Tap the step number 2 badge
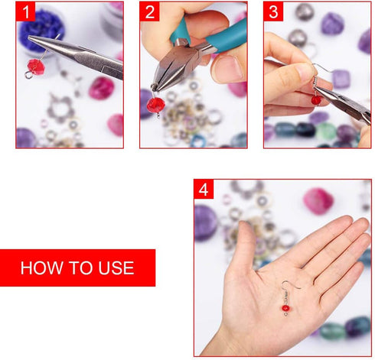(150, 11)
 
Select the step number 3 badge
(273, 11)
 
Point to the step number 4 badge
(204, 190)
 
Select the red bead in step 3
(315, 99)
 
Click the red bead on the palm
(285, 308)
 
